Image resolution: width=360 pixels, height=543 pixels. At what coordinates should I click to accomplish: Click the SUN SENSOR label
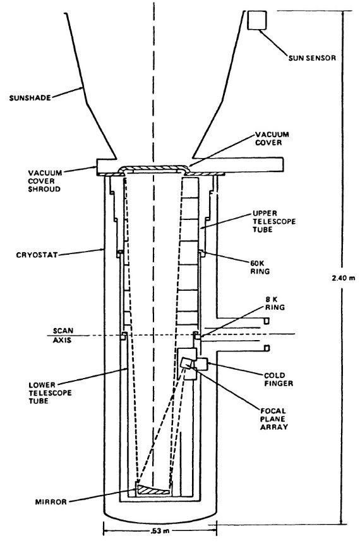[312, 58]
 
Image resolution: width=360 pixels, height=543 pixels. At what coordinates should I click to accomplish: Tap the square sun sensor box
[257, 20]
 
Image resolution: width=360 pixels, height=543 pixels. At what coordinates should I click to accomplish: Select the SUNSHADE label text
[30, 97]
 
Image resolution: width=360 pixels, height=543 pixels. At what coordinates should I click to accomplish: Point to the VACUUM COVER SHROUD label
[45, 181]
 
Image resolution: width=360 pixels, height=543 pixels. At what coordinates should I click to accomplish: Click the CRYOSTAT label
[37, 255]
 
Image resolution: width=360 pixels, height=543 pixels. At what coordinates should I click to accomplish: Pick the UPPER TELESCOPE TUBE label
[274, 221]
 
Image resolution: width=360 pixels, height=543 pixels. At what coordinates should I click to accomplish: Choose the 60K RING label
[260, 267]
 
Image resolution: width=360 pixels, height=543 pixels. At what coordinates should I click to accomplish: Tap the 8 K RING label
[275, 303]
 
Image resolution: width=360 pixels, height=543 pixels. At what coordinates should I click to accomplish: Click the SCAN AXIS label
[63, 336]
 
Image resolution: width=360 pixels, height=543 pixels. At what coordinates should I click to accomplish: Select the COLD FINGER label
[279, 379]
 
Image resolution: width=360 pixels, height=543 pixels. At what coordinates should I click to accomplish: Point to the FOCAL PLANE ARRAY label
[274, 418]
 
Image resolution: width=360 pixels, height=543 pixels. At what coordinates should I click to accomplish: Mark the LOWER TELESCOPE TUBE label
[50, 393]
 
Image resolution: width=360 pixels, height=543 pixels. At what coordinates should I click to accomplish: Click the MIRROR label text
[51, 501]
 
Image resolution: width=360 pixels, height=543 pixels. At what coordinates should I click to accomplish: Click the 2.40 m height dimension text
[341, 278]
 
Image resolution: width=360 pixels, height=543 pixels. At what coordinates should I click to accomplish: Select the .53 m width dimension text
[160, 531]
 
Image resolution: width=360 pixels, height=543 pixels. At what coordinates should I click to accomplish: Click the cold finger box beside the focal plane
[201, 364]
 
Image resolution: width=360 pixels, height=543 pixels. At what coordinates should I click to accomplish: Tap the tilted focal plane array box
[186, 363]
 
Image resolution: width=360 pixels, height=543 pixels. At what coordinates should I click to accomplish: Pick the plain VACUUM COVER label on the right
[272, 138]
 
